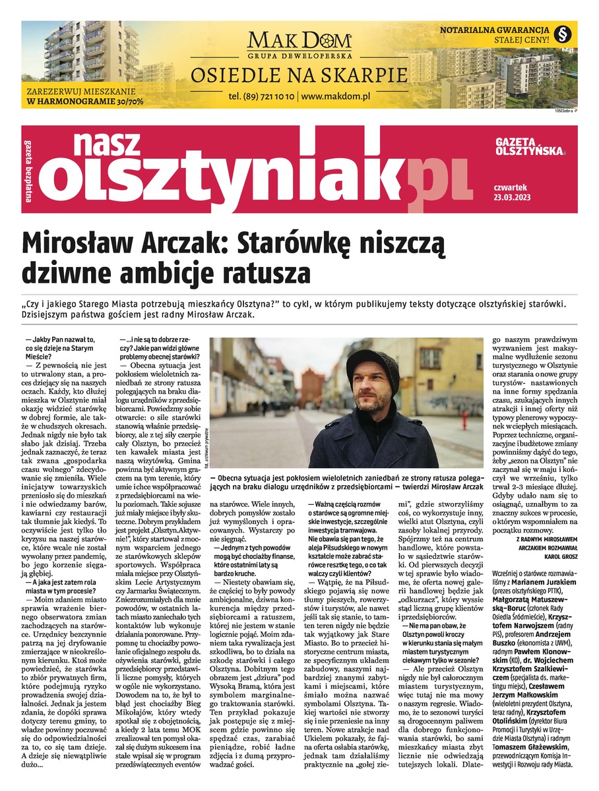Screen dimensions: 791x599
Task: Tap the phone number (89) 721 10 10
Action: click(262, 96)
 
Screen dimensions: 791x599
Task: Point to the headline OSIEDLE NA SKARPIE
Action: click(299, 74)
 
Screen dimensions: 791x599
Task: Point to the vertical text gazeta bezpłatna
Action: click(28, 169)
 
